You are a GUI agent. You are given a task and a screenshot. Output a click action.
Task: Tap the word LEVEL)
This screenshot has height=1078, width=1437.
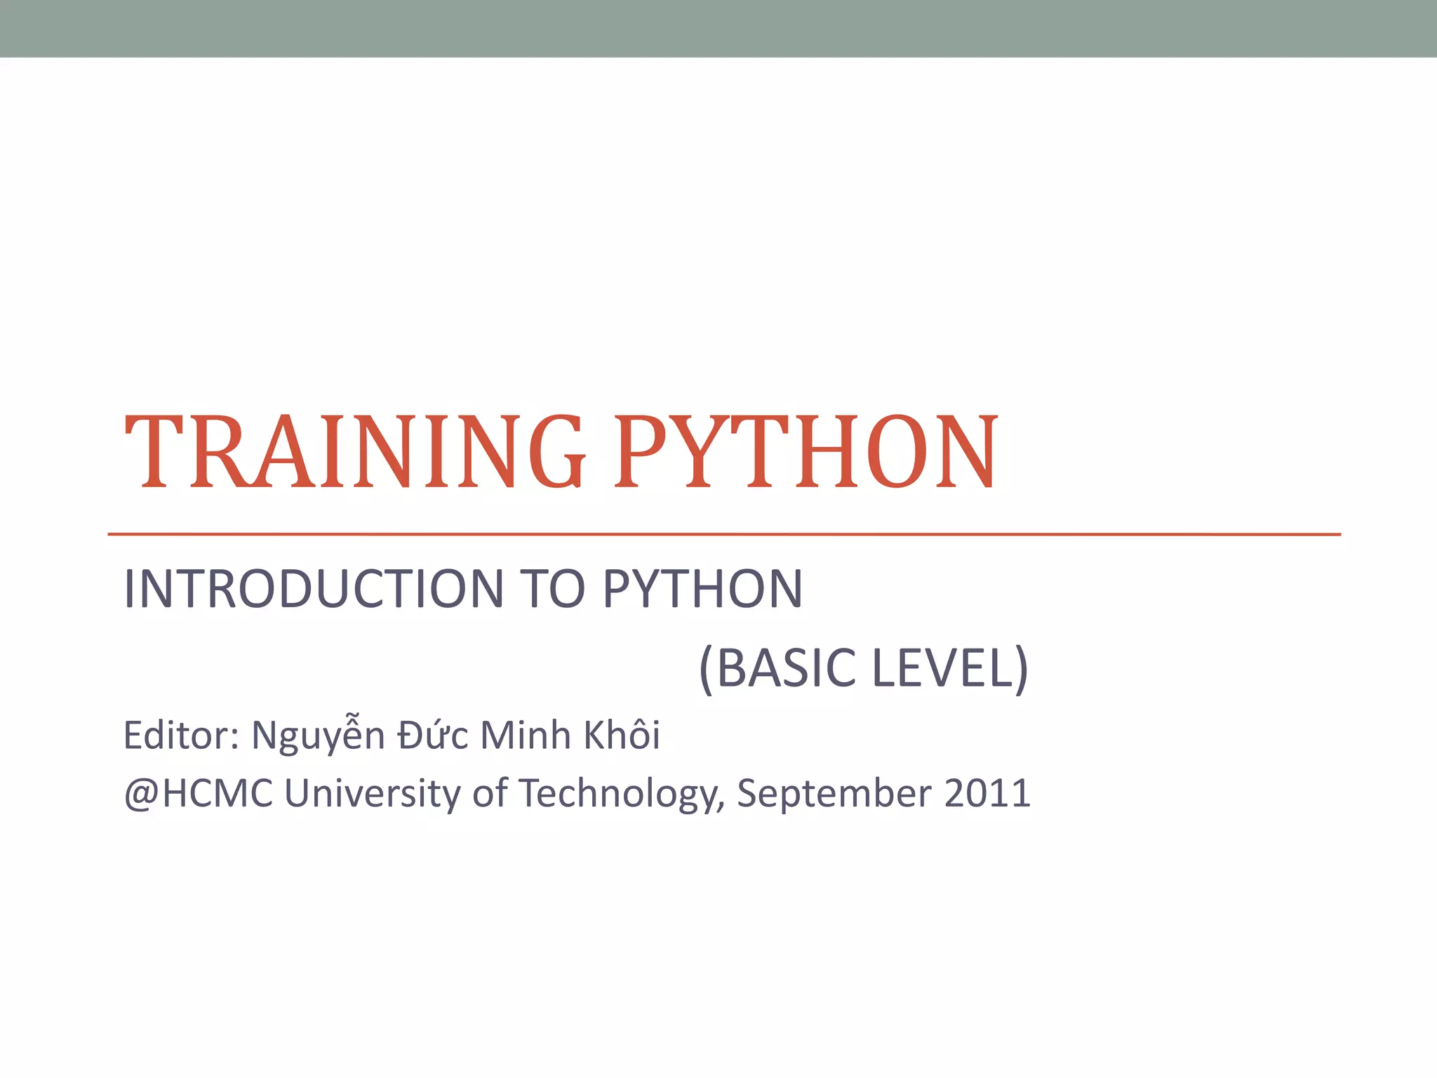950,668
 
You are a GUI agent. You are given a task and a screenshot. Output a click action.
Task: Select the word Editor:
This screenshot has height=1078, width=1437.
181,736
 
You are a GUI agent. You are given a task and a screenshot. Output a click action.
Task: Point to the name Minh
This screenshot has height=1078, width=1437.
526,736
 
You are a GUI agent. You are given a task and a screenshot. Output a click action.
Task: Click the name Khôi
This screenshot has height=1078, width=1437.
622,736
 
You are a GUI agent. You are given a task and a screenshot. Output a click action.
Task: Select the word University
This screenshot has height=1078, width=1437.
372,794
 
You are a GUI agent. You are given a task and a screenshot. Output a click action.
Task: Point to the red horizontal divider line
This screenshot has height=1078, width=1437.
723,534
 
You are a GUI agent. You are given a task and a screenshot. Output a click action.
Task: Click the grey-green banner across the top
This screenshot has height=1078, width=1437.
718,28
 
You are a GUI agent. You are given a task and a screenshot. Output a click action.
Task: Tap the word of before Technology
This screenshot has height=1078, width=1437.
489,794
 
